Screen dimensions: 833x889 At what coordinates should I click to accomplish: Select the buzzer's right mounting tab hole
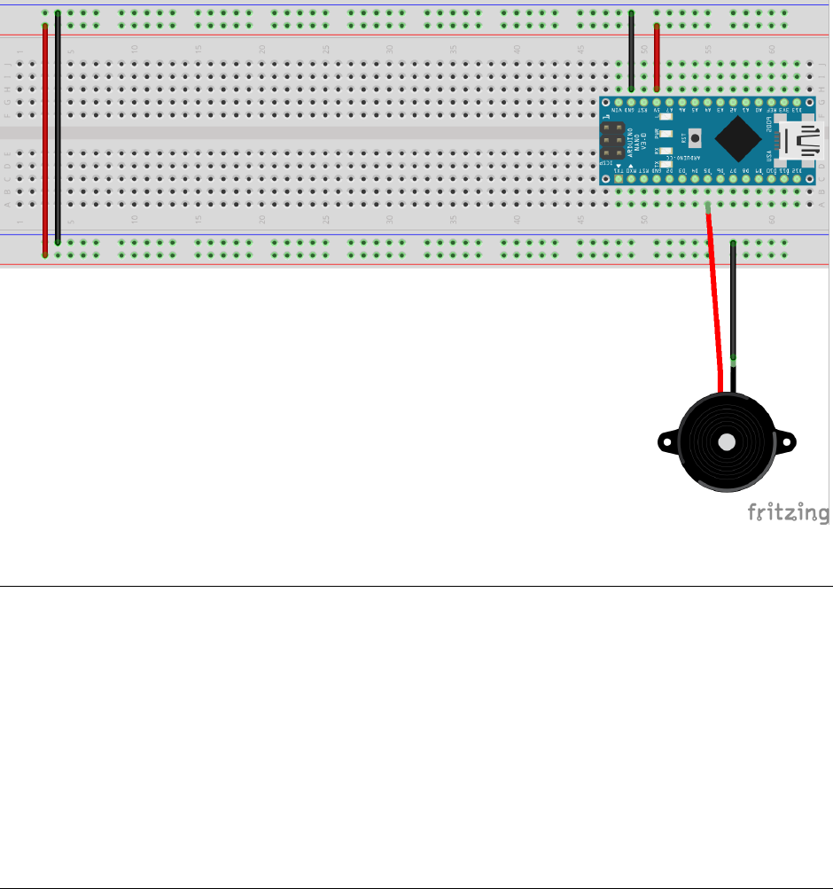tap(788, 440)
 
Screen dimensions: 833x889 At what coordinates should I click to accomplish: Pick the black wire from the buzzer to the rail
tap(733, 301)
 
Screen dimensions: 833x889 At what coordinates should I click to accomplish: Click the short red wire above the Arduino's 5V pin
tap(657, 58)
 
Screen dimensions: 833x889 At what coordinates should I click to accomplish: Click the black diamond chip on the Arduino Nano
tap(738, 138)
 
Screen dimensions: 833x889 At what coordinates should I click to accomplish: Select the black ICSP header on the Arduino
tap(611, 141)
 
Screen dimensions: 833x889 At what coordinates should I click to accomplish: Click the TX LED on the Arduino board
tap(666, 163)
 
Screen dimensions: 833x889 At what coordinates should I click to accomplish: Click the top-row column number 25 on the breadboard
tap(326, 49)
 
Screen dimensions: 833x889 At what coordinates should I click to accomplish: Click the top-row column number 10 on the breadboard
tap(135, 49)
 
